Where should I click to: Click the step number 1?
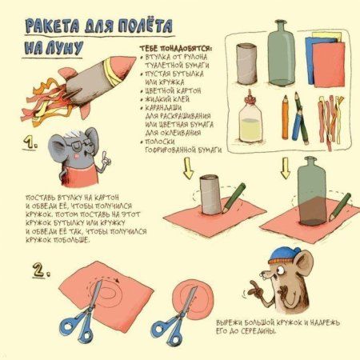click(x=30, y=143)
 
